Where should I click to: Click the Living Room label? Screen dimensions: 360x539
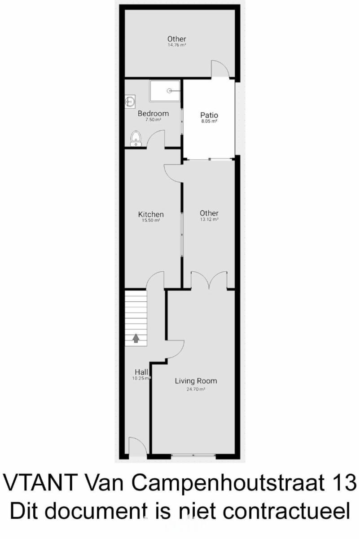pos(196,381)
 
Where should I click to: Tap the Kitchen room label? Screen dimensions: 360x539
pos(151,214)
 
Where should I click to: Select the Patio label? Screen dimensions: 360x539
pos(209,115)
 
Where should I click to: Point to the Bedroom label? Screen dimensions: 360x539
pos(153,113)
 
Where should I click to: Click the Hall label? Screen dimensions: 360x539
pos(141,372)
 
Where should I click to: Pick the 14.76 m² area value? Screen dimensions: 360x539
pos(177,45)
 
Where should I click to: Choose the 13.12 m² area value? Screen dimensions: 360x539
pos(209,219)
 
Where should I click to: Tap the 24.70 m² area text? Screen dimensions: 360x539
pos(196,389)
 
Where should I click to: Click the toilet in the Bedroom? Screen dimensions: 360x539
pos(136,139)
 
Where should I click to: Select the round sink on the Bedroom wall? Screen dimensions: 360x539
pos(130,102)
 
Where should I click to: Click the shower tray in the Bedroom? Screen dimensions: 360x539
pos(165,91)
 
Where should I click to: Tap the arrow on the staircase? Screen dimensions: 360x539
pos(136,338)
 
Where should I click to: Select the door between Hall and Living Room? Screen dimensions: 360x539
pos(175,349)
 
